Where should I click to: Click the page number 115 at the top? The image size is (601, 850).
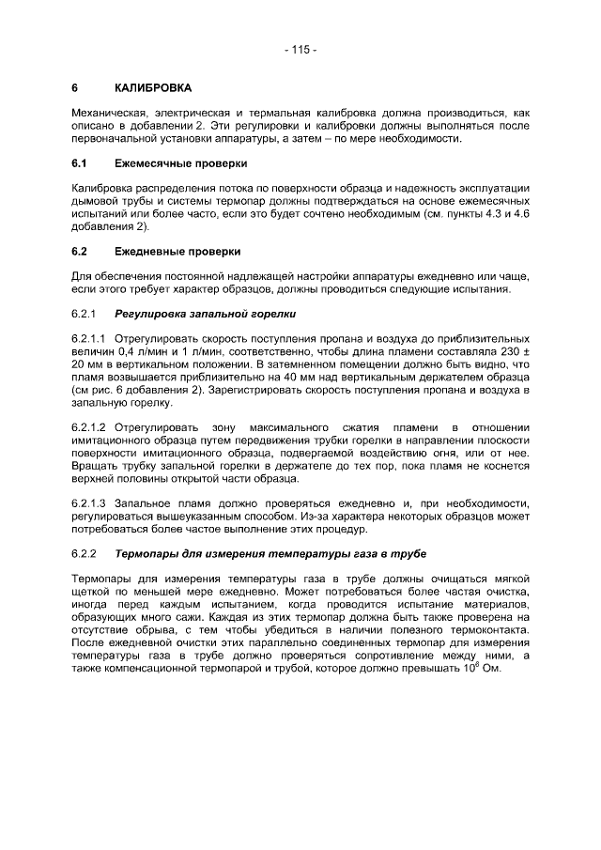300,49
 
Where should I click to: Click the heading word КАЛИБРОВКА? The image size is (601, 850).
152,88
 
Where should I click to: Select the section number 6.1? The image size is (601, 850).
80,162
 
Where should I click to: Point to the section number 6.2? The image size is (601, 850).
80,252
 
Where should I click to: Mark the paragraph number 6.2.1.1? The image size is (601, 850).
90,336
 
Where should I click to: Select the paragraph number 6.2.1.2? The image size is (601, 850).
90,426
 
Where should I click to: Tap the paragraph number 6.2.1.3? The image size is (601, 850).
90,503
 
